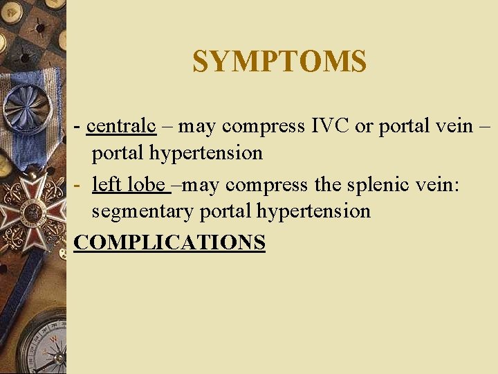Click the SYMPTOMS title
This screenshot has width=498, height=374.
(x=279, y=62)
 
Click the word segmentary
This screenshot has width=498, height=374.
(x=143, y=211)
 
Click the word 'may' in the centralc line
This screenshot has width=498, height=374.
(x=201, y=127)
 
